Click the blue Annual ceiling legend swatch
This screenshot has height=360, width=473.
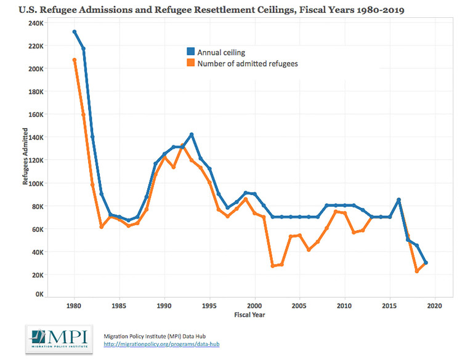click(x=191, y=51)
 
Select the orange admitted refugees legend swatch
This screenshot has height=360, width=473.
click(x=191, y=63)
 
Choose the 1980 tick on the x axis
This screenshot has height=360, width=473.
click(x=74, y=305)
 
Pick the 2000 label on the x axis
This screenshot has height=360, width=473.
click(x=255, y=305)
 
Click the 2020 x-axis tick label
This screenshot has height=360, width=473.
click(x=435, y=305)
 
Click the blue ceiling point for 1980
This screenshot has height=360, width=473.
click(x=74, y=32)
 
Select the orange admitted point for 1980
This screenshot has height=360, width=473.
click(x=74, y=60)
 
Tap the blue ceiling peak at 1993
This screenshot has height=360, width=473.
click(x=192, y=135)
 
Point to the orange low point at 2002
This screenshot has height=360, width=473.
click(x=273, y=266)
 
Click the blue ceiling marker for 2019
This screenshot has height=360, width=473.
click(x=426, y=263)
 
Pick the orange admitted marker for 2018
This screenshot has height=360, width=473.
click(x=417, y=271)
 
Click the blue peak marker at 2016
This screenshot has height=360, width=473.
click(x=399, y=200)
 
